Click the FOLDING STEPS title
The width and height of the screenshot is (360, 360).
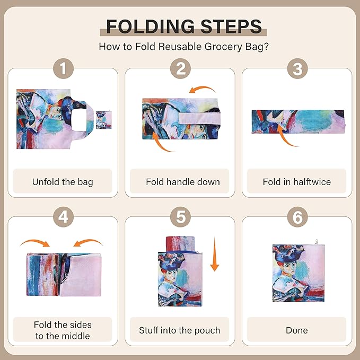click(x=183, y=27)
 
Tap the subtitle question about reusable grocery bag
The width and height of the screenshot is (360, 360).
click(x=183, y=46)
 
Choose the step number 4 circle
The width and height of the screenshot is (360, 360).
click(x=63, y=217)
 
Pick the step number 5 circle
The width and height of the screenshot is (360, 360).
click(x=180, y=217)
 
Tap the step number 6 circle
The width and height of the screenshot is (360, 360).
click(x=297, y=217)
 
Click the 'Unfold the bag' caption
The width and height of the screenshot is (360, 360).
click(x=63, y=182)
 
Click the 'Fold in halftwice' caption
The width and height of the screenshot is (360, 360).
click(x=297, y=182)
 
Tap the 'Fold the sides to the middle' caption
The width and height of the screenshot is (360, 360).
click(x=63, y=330)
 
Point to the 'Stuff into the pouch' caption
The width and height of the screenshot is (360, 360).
click(x=180, y=330)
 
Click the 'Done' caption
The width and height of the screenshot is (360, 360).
click(x=297, y=330)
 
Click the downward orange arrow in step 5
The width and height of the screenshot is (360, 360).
click(x=214, y=254)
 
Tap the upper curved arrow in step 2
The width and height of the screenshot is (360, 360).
click(x=204, y=91)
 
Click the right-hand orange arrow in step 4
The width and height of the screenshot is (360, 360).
click(x=88, y=243)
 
